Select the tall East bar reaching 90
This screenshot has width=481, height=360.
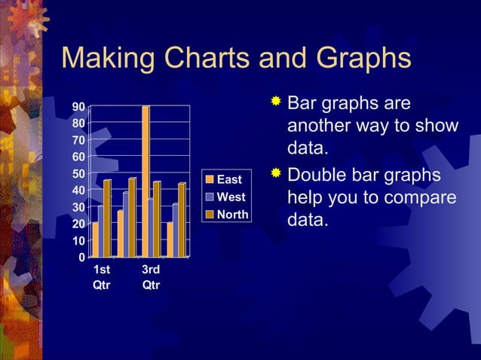[x=146, y=181]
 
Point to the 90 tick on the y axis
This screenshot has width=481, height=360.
[x=78, y=106]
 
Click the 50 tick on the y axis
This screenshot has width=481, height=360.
[x=78, y=173]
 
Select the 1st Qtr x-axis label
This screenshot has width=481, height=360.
[x=100, y=277]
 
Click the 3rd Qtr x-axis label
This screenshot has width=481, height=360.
[x=151, y=277]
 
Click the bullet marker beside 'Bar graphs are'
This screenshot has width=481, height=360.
[x=276, y=101]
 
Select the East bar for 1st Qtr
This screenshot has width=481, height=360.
[x=95, y=239]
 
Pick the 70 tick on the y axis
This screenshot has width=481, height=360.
[x=78, y=140]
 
